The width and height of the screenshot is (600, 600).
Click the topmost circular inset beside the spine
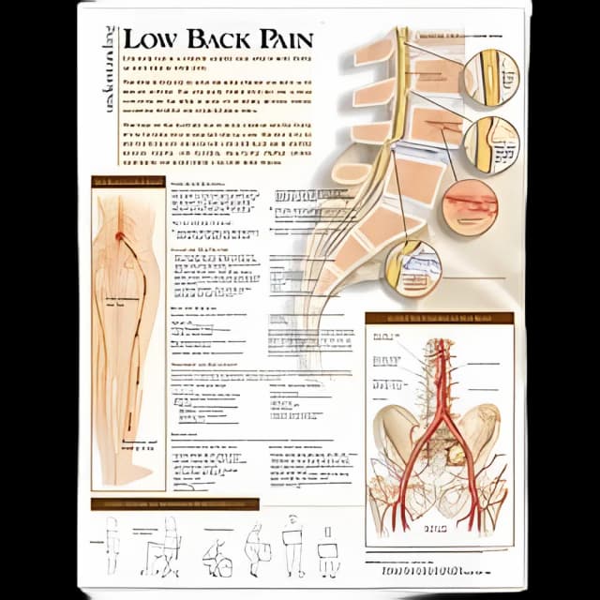[492, 76]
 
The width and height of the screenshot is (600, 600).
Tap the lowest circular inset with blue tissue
[413, 268]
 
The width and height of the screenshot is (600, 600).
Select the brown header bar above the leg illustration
[127, 182]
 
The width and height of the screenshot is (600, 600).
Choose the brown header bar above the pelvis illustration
[439, 318]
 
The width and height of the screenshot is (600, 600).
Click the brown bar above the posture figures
[174, 504]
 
